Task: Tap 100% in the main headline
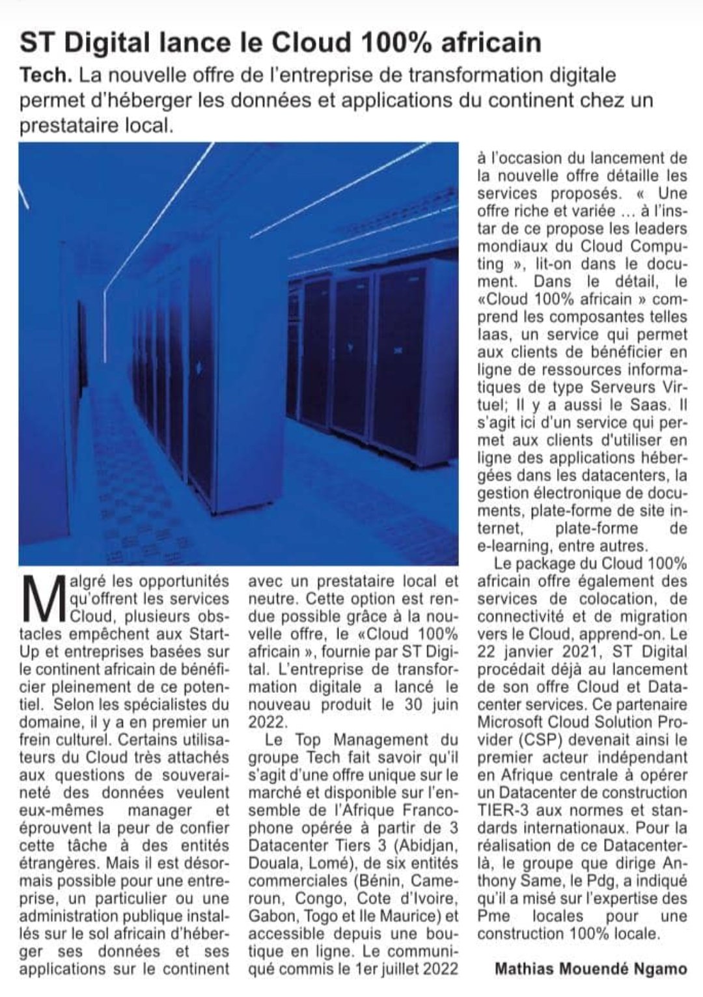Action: [393, 42]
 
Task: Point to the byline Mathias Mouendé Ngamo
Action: [591, 968]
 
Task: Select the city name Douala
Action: [273, 863]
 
